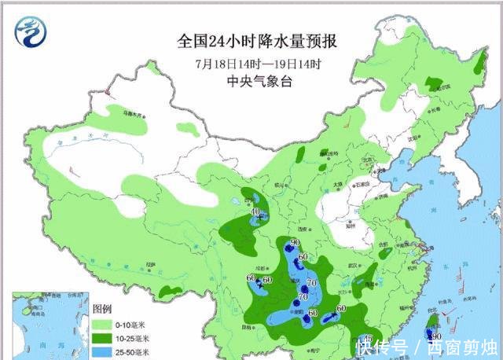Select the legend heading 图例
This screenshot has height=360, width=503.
pyautogui.click(x=103, y=309)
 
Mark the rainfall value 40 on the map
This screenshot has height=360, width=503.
pyautogui.click(x=254, y=211)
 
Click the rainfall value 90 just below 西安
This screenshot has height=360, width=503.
pyautogui.click(x=296, y=242)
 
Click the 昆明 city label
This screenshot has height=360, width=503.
pyautogui.click(x=250, y=325)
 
